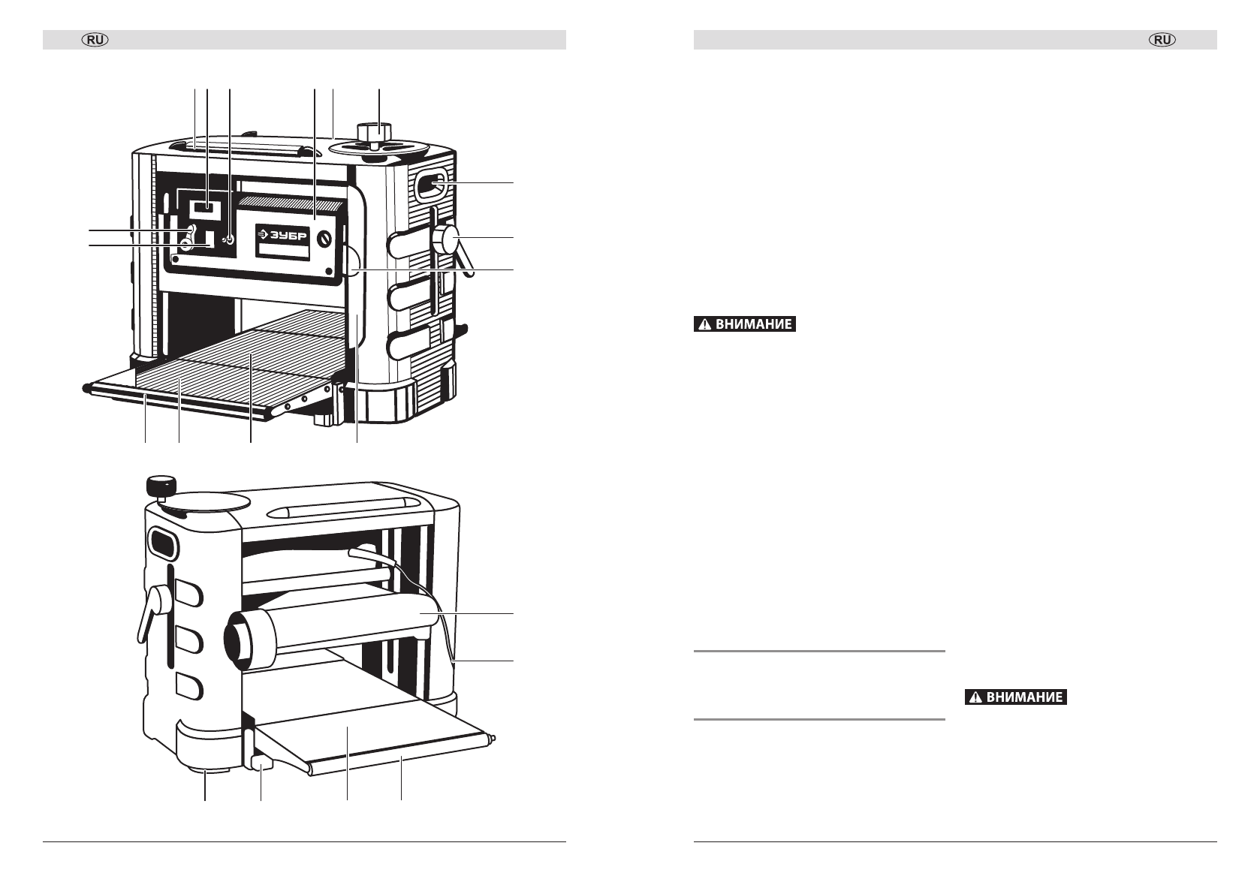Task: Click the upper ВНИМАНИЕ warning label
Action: coord(744,325)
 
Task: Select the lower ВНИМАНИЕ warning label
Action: coord(1015,697)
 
